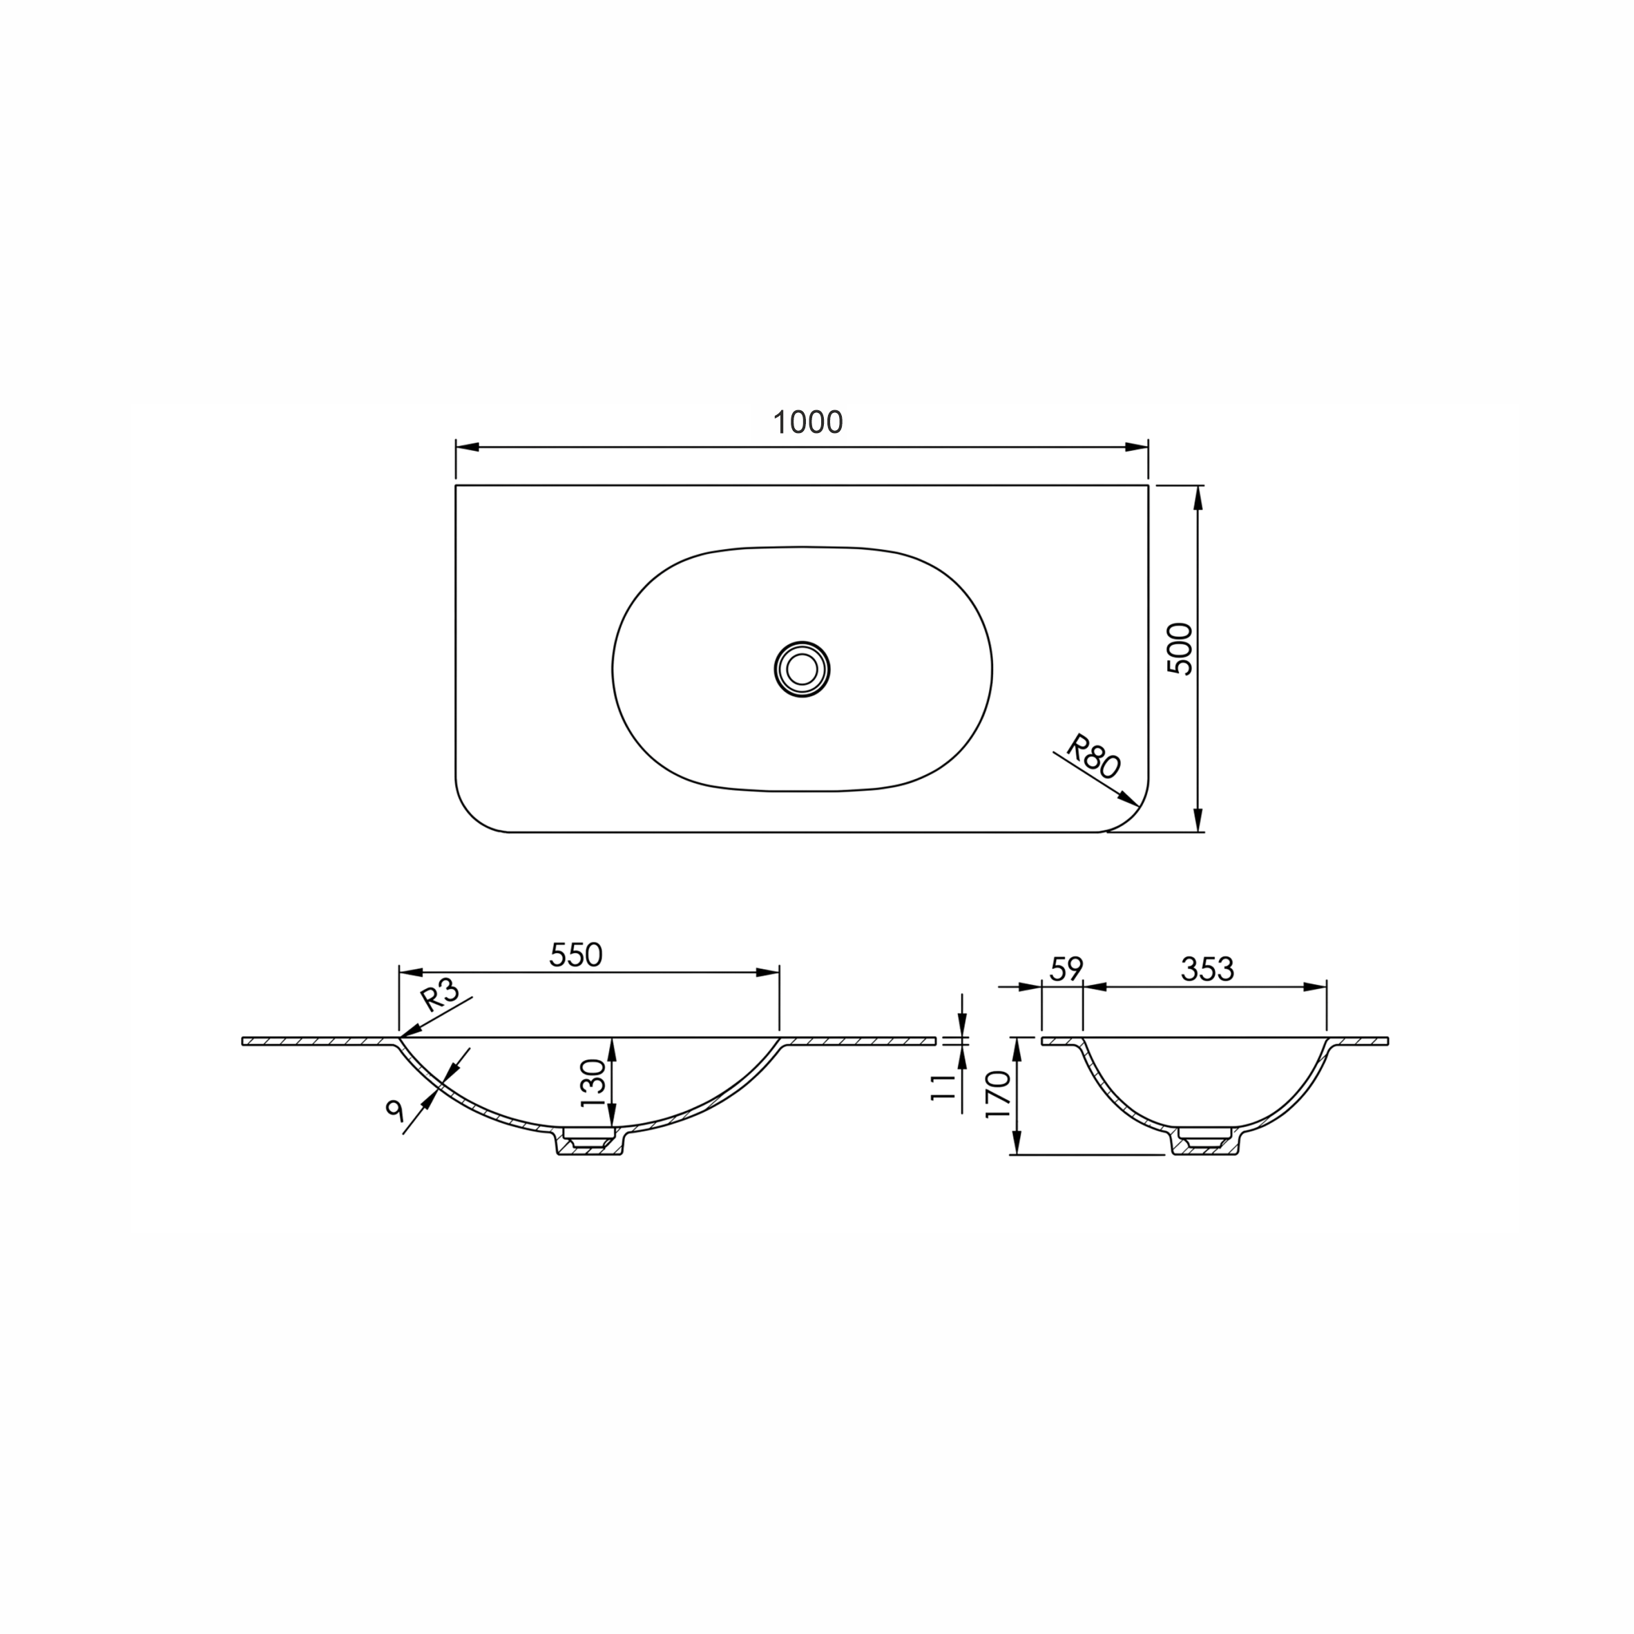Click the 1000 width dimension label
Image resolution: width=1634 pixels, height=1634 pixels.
pos(809,422)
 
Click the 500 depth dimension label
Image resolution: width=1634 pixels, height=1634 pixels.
pos(1180,648)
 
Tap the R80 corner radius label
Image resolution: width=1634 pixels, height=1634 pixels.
pos(1093,756)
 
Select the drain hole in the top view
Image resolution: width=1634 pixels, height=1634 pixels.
pos(802,669)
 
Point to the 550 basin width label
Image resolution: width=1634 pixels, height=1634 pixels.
pos(576,955)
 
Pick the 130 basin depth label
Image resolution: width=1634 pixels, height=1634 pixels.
pos(594,1084)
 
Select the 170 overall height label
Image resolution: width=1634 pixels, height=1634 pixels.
pos(999,1095)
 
